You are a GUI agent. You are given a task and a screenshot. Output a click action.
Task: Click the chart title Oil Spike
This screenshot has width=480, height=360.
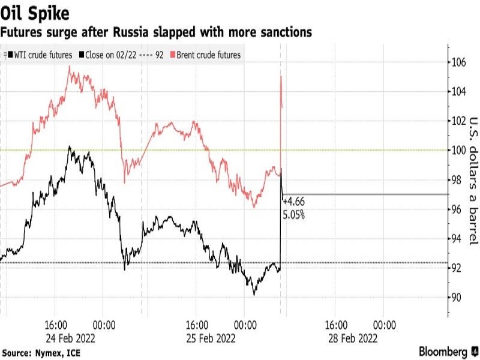click(x=34, y=11)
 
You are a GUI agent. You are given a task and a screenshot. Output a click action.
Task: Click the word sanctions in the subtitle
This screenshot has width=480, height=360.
click(x=284, y=32)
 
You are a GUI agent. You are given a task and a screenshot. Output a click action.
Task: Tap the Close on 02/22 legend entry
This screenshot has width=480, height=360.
click(x=111, y=55)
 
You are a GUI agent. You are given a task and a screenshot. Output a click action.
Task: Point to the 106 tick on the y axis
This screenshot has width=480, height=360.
click(x=460, y=62)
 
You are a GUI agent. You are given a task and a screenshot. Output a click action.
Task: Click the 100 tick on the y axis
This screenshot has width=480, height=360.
click(x=460, y=150)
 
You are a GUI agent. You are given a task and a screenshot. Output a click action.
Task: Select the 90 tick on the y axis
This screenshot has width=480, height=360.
click(x=458, y=298)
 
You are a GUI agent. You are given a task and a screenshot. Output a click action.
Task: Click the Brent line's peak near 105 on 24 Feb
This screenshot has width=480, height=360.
click(x=70, y=67)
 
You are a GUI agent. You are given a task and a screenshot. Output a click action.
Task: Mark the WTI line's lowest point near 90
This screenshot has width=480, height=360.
click(x=254, y=294)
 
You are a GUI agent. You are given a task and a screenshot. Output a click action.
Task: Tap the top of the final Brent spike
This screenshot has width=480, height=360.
click(x=281, y=76)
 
